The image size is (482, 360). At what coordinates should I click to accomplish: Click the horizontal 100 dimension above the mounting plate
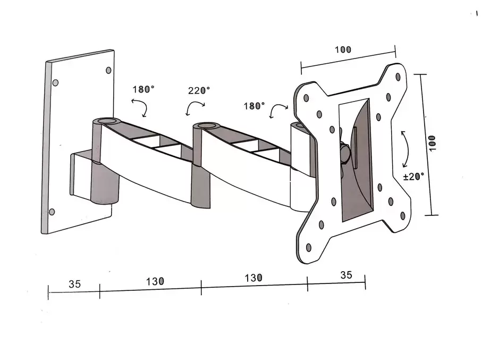[343, 50]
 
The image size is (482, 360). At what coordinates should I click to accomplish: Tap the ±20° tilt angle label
[413, 177]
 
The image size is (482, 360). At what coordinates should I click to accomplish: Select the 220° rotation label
[199, 90]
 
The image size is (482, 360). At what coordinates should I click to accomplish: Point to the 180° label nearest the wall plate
[143, 89]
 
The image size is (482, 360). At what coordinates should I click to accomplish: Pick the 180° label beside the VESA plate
[254, 106]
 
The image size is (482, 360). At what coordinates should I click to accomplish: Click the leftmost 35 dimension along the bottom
[74, 284]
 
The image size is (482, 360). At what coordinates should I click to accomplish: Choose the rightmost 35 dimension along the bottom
[346, 275]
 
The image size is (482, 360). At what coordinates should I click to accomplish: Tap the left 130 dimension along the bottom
[155, 281]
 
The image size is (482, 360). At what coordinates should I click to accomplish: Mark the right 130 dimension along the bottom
[253, 278]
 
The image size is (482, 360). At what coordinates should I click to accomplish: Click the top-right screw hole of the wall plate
[109, 70]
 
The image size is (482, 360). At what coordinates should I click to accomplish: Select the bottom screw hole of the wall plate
[52, 212]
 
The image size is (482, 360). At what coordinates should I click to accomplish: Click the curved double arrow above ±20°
[405, 149]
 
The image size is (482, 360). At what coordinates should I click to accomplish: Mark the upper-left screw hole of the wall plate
[55, 83]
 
